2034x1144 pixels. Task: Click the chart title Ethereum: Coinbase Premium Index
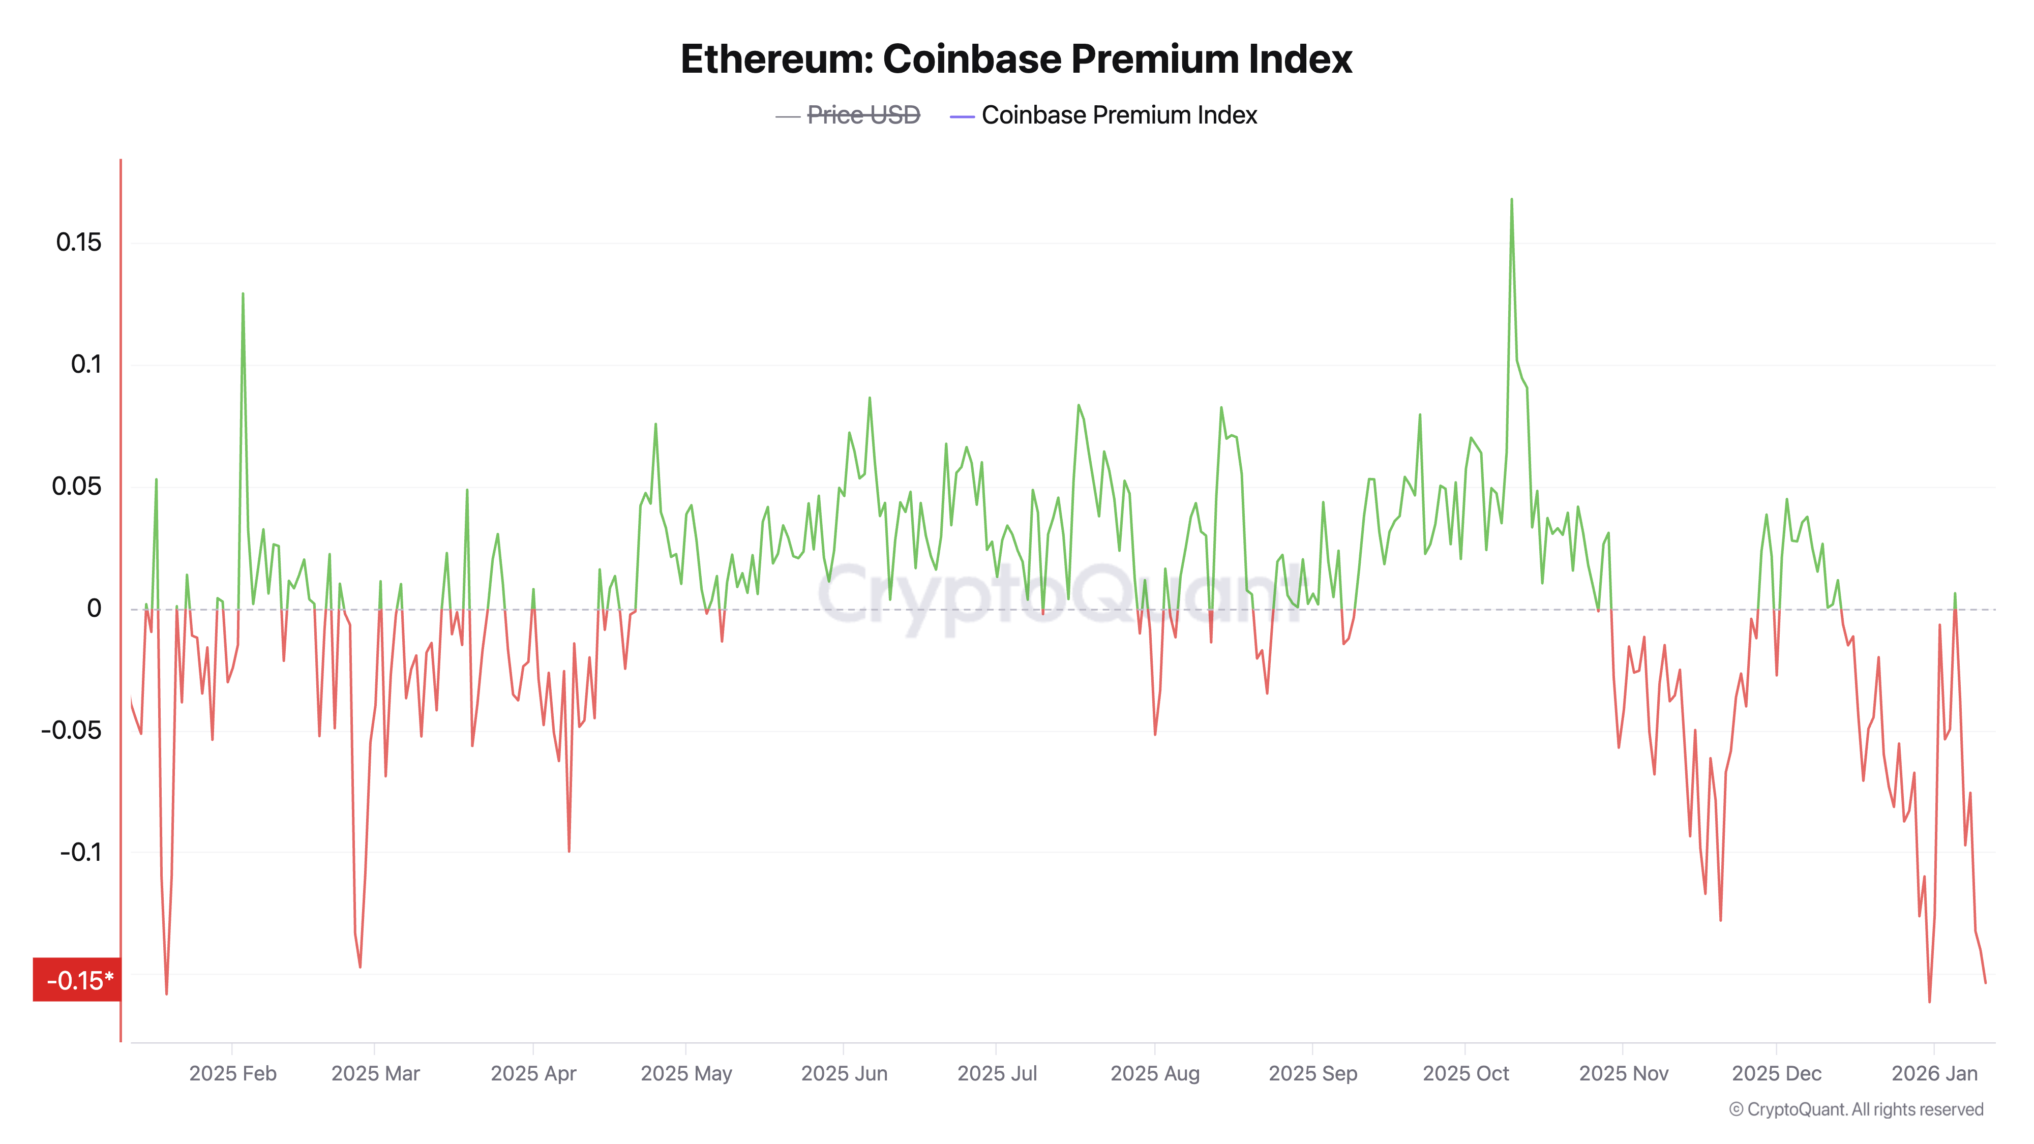[x=1016, y=59]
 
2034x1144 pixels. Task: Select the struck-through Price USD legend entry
[x=863, y=115]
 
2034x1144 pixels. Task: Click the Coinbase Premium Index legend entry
[x=1118, y=115]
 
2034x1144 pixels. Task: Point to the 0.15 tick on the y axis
[x=78, y=243]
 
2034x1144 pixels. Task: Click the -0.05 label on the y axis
[x=71, y=730]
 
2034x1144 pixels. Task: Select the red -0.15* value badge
[x=77, y=980]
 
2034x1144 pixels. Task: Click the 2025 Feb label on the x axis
[x=233, y=1073]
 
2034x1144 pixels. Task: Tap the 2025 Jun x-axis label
[x=844, y=1073]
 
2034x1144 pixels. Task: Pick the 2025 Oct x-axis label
[x=1465, y=1073]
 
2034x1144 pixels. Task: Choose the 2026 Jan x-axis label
[x=1934, y=1073]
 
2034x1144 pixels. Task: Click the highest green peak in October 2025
[x=1511, y=200]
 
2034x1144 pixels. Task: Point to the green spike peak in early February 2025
[x=243, y=294]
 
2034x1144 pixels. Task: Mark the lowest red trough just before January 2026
[x=1929, y=1001]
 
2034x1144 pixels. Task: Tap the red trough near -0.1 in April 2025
[x=569, y=850]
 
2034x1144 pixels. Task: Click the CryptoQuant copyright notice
[x=1856, y=1109]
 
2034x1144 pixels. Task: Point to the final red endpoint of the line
[x=1985, y=982]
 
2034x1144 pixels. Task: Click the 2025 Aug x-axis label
[x=1154, y=1073]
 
